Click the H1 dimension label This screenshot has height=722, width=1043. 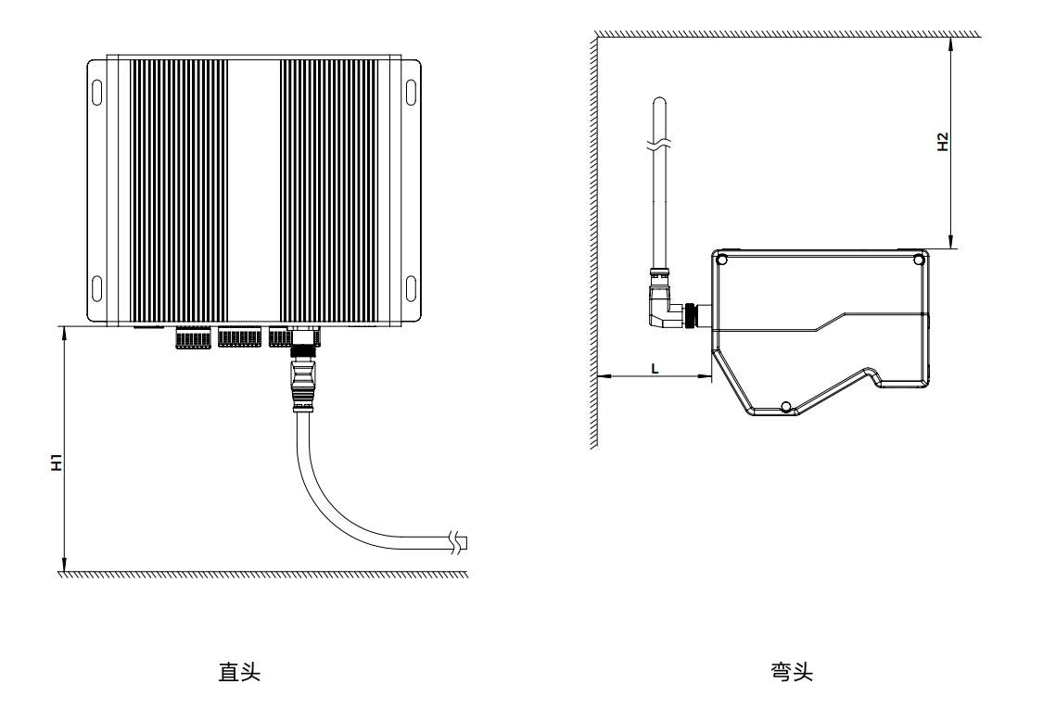point(57,463)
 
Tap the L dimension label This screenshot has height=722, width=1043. point(655,368)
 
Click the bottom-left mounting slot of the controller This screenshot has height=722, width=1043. point(96,283)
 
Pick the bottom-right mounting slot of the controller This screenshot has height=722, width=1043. point(411,283)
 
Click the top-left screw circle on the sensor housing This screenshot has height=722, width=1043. point(722,260)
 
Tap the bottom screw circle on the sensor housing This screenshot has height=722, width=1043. point(785,407)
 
